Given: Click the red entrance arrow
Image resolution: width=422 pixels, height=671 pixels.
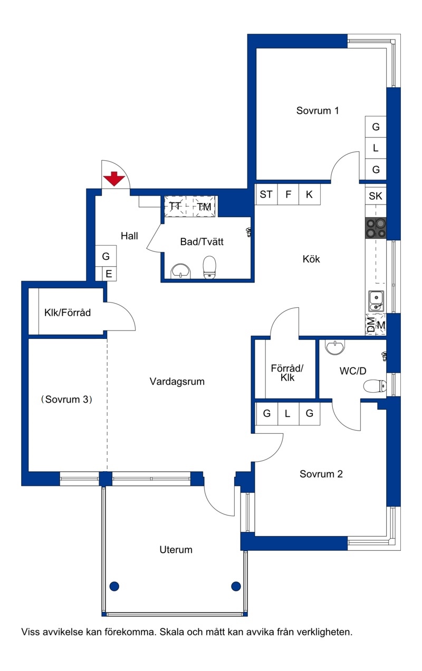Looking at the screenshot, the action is (x=114, y=179).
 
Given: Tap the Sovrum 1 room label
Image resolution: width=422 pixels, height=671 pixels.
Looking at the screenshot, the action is (x=318, y=111).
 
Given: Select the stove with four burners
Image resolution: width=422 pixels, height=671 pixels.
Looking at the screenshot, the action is (x=376, y=228).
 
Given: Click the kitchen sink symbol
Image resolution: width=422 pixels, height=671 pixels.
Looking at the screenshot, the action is (x=376, y=302).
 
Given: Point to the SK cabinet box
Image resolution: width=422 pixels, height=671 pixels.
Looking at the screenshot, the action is (x=376, y=196).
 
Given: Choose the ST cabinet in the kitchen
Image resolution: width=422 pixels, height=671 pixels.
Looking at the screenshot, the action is (x=266, y=194).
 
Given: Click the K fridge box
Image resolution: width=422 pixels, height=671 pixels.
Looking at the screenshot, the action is (x=310, y=194).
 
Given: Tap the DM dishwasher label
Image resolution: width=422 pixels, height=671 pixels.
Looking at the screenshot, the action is (x=371, y=325).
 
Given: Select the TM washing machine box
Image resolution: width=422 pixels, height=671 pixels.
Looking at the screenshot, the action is (x=204, y=207).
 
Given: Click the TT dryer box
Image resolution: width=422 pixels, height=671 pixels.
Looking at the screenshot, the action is (x=175, y=207).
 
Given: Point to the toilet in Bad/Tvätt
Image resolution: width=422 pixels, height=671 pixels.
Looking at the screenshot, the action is (x=209, y=267).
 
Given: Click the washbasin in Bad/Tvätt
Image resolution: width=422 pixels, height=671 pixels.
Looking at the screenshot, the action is (x=181, y=271).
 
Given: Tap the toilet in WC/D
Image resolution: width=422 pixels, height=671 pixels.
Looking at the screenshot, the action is (x=375, y=386).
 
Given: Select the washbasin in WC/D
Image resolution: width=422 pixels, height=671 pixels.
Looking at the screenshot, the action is (x=335, y=347).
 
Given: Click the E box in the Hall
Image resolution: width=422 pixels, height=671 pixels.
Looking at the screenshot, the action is (x=109, y=274).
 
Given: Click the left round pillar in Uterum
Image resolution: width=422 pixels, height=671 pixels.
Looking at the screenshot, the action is (x=114, y=586).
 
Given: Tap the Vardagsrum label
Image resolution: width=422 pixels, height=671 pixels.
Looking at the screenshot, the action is (x=177, y=381).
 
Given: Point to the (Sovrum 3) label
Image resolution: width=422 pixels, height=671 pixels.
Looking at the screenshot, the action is (x=66, y=400).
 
